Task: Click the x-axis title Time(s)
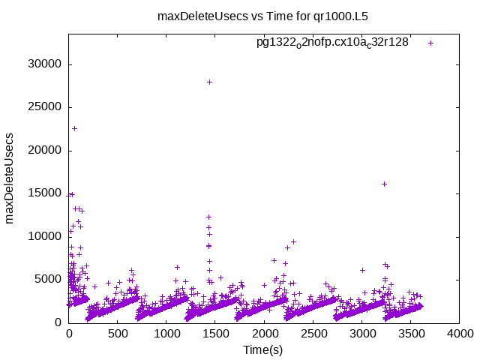[x=262, y=350]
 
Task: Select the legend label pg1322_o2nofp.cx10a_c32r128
[x=332, y=43]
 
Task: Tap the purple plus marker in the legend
[x=430, y=43]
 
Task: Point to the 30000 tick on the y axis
[x=45, y=64]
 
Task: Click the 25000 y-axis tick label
[x=45, y=107]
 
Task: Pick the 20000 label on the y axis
[x=45, y=151]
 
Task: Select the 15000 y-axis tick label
[x=45, y=193]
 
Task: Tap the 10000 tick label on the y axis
[x=45, y=236]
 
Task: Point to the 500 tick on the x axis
[x=118, y=334]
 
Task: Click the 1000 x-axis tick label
[x=167, y=334]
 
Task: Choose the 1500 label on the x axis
[x=216, y=334]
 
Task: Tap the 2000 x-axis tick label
[x=265, y=334]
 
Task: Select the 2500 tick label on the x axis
[x=313, y=334]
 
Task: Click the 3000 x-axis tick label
[x=362, y=334]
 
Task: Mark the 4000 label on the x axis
[x=460, y=334]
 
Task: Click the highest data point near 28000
[x=209, y=82]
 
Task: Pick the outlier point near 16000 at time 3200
[x=384, y=184]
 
